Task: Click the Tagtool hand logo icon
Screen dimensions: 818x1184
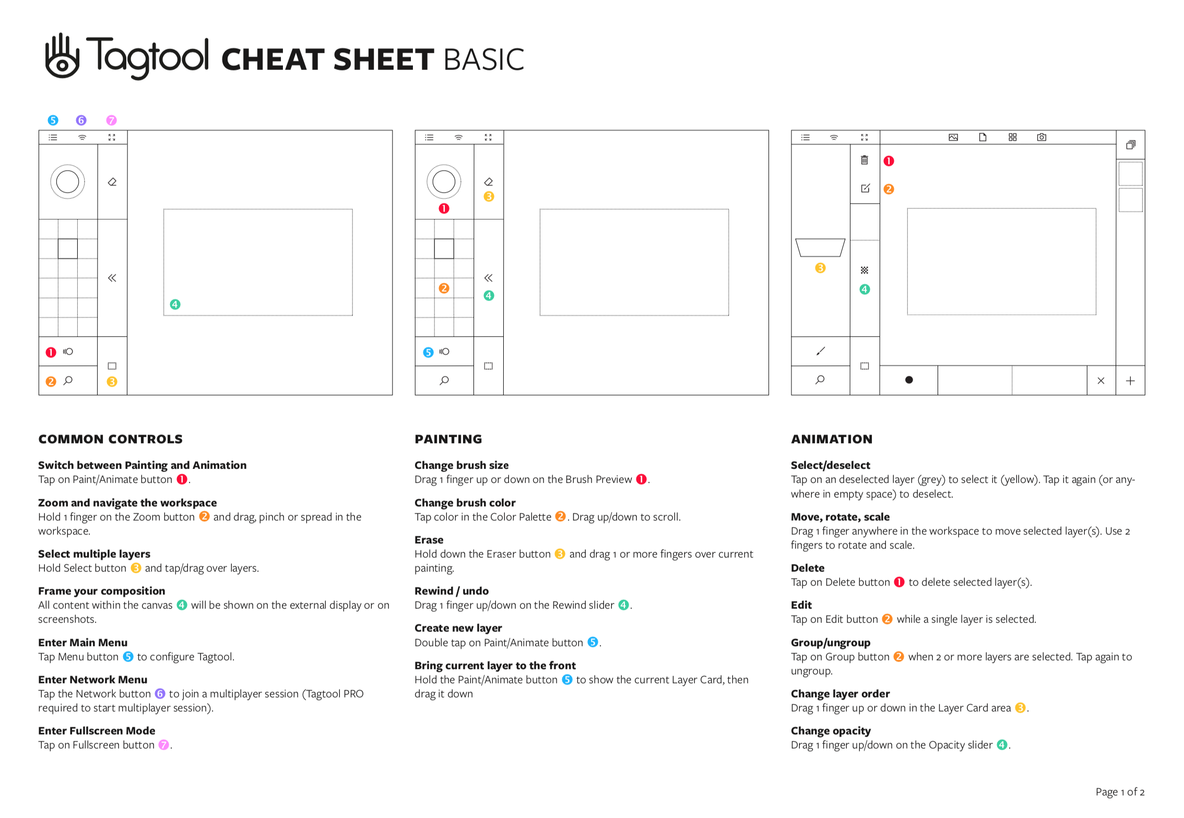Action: (x=62, y=56)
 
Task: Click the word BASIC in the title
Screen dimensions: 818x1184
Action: (x=483, y=59)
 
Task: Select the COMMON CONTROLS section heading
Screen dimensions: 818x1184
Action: (x=110, y=439)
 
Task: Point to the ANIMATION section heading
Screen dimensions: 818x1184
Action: (x=832, y=439)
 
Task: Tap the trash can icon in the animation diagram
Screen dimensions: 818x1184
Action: (x=865, y=160)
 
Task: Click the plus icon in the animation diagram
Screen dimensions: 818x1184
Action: (x=1130, y=381)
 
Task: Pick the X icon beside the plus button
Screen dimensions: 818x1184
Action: (x=1101, y=381)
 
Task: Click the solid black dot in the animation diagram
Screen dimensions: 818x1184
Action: (x=909, y=380)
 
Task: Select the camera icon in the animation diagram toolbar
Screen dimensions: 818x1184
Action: (x=1041, y=137)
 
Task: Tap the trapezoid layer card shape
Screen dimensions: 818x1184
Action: (x=820, y=248)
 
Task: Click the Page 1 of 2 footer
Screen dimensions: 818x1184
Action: (x=1120, y=792)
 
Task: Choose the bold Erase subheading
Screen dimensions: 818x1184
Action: (x=429, y=540)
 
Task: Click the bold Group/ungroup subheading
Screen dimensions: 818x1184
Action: (x=830, y=643)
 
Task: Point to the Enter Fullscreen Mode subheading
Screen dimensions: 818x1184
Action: (x=97, y=731)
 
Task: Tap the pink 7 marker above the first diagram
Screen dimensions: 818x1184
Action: (x=111, y=121)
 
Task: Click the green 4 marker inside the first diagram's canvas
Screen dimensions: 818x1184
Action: (x=175, y=304)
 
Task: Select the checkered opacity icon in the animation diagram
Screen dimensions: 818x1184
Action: (x=865, y=270)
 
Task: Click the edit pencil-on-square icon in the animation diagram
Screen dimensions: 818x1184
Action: (x=865, y=188)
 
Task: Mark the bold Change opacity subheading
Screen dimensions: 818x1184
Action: (x=830, y=731)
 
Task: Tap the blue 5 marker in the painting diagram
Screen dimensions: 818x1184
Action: (x=428, y=352)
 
